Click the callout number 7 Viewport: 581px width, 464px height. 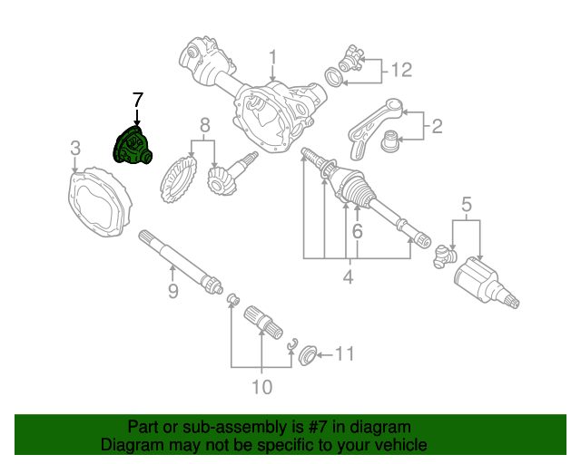[137, 100]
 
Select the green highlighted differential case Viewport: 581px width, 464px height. [133, 147]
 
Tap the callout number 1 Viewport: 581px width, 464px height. [272, 59]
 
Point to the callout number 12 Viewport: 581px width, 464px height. [401, 69]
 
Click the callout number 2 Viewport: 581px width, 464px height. [437, 126]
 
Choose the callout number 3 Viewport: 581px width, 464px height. [75, 147]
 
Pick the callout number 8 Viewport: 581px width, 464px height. [205, 124]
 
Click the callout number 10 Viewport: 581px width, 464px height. [261, 387]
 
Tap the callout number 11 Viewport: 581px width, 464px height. [346, 353]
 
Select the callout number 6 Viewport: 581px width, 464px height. [357, 233]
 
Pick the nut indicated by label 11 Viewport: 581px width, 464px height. [307, 354]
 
